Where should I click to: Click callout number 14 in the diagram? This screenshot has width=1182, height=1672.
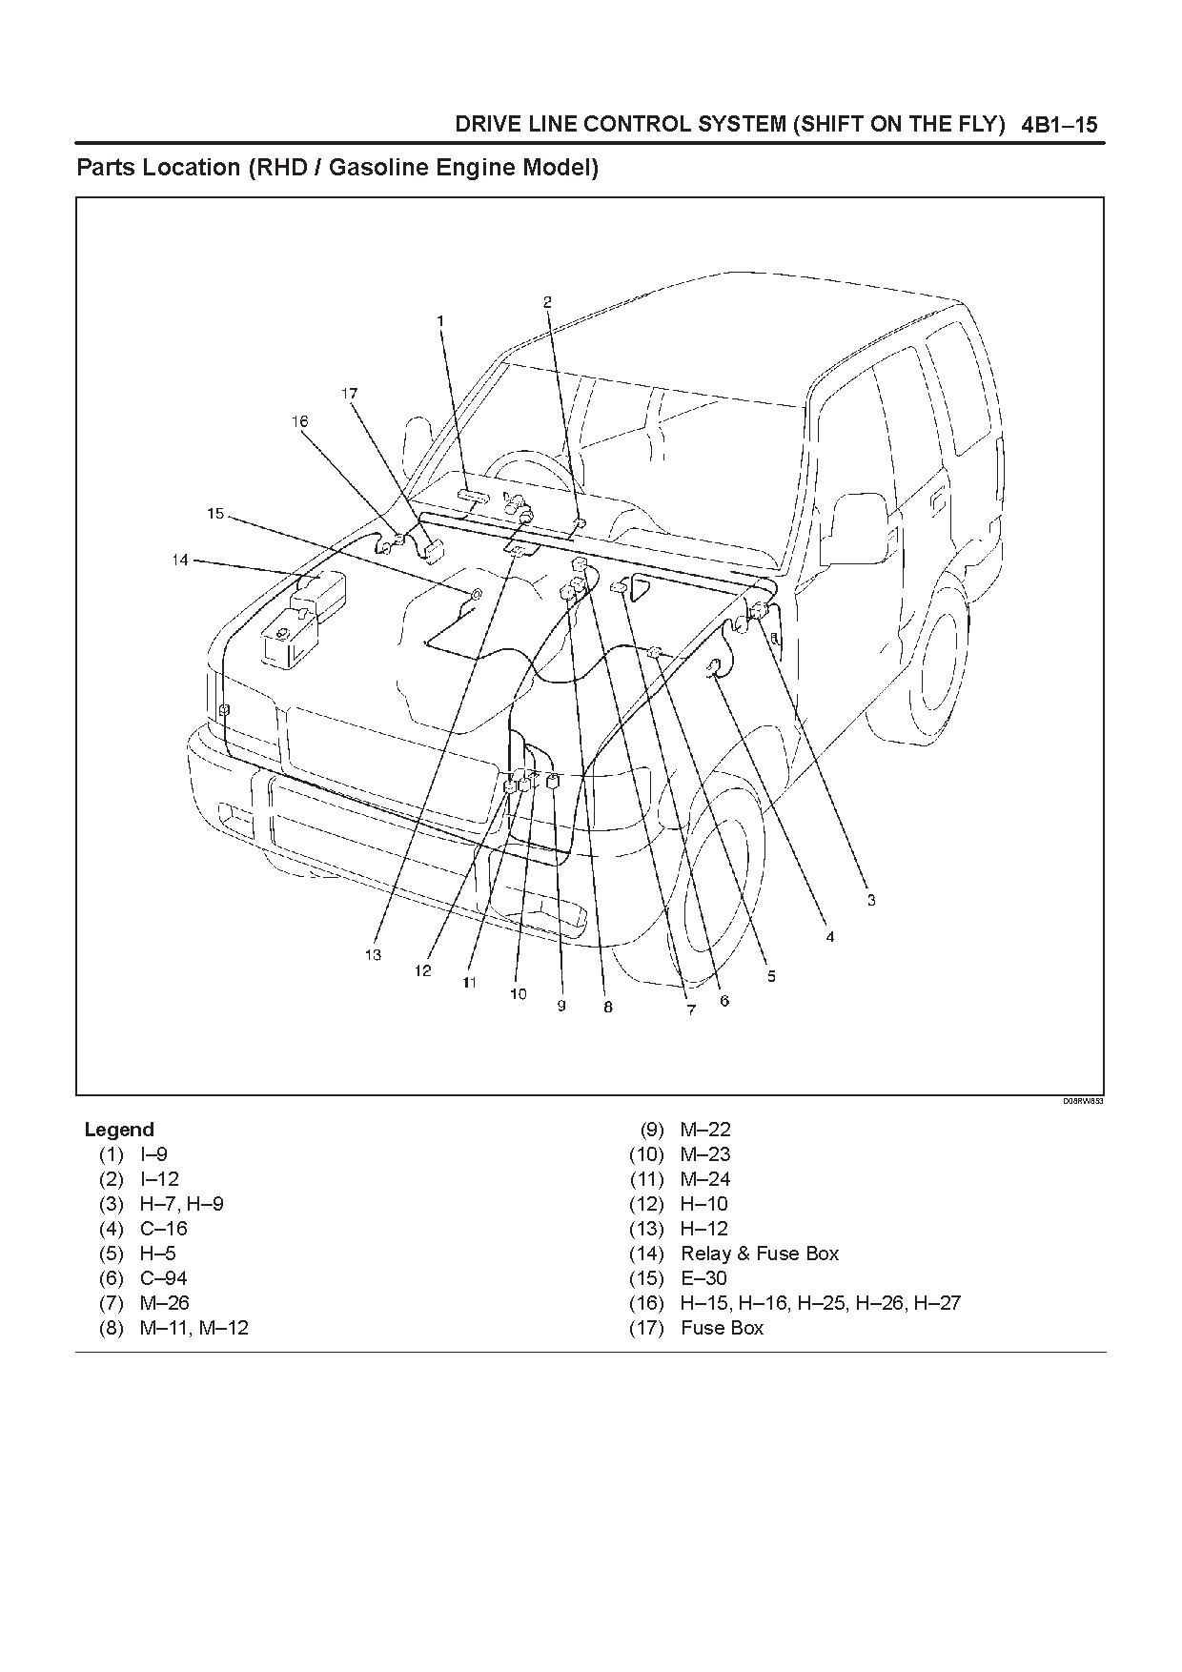coord(180,560)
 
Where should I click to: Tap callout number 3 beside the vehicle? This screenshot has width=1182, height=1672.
coord(870,899)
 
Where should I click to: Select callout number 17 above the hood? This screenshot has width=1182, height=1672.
coord(349,393)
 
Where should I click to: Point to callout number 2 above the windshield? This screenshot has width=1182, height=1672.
coord(547,302)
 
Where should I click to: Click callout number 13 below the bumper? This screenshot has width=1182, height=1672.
coord(373,954)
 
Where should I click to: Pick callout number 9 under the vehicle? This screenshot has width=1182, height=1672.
coord(561,1005)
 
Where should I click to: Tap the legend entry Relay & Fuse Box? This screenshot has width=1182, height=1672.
coord(759,1254)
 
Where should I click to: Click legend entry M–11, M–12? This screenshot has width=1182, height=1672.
coord(194,1328)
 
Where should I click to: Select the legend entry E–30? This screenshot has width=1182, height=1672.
coord(703,1278)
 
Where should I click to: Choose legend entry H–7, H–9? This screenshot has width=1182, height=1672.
coord(182,1204)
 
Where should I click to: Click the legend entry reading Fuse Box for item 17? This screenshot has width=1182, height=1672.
coord(722,1328)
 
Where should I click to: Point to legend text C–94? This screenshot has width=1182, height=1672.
coord(164,1278)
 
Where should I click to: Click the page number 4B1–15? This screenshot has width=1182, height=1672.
coord(1059,125)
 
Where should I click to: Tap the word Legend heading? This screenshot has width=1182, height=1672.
coord(119,1130)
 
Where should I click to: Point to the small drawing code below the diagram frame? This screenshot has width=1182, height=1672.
coord(1083,1101)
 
